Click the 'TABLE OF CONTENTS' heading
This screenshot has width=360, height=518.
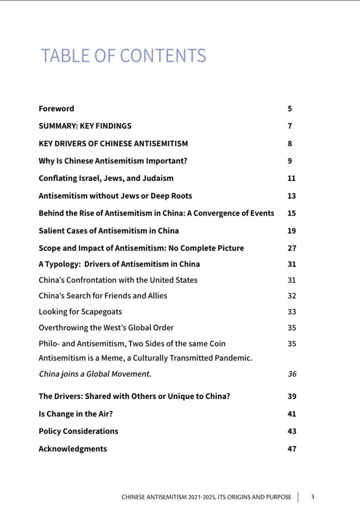pos(123,55)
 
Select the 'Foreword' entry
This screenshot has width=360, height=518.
pos(56,108)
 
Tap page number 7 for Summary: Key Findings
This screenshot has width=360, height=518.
pos(290,126)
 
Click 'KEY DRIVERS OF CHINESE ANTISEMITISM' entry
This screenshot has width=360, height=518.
pos(113,143)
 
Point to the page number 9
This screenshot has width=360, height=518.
pos(290,161)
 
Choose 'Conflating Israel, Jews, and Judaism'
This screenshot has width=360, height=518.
pos(106,178)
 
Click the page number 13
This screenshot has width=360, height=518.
pos(292,196)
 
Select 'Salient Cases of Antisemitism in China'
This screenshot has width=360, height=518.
pos(108,231)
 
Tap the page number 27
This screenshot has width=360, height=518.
pos(292,248)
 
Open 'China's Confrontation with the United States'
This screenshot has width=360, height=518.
pos(118,280)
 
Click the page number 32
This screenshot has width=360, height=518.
pos(292,296)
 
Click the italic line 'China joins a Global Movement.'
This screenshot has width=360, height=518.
pos(95,374)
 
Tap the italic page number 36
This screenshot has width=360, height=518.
pos(292,374)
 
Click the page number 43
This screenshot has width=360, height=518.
pos(292,431)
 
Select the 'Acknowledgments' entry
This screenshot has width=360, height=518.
pos(73,448)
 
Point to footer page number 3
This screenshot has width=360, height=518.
pos(313,497)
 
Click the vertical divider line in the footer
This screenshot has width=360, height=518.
pos(298,497)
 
